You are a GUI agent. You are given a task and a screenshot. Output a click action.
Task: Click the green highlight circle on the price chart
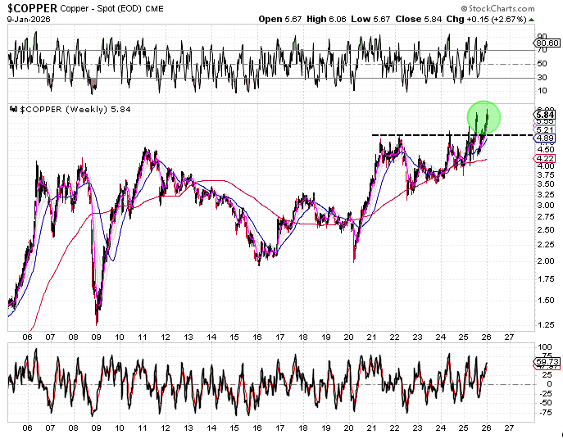coord(484,116)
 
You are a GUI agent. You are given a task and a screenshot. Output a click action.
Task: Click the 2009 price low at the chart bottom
coord(97,323)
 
